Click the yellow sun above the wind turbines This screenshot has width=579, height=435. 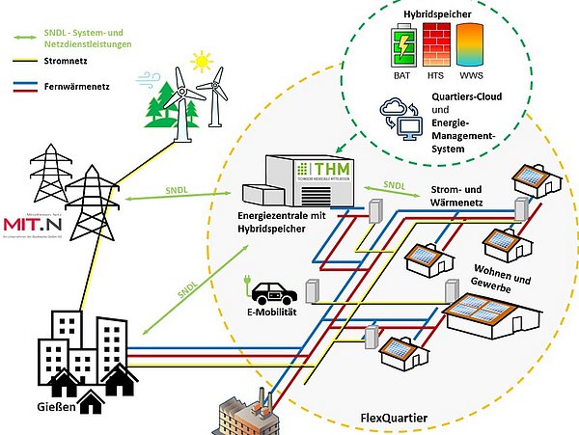click(x=202, y=62)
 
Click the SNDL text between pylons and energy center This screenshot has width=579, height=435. click(x=176, y=190)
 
